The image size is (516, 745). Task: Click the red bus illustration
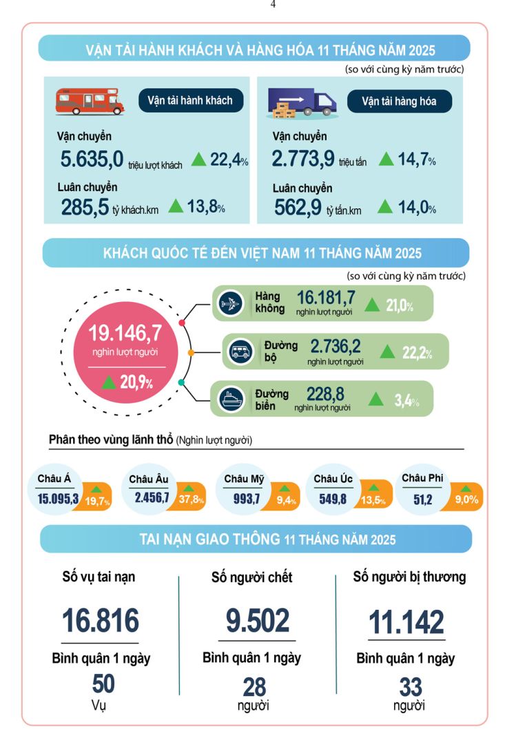pos(90,101)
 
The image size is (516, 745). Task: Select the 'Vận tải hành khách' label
pos(190,100)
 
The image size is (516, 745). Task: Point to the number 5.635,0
pos(92,160)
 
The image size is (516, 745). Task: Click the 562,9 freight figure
pos(298,207)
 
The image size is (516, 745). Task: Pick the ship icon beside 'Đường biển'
pos(229,399)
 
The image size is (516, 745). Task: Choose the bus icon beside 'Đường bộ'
pos(241,351)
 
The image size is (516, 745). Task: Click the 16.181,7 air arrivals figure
pos(326,298)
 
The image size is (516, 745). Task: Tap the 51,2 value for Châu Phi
pos(422,499)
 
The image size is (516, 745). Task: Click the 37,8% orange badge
pos(191,498)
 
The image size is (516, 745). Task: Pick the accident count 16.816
pos(101,620)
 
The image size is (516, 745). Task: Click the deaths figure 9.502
pos(258,620)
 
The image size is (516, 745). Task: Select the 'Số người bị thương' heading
pos(409,577)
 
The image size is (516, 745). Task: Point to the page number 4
pos(273,4)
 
